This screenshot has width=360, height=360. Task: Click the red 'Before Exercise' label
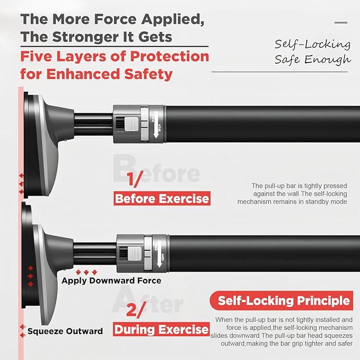[x=162, y=199]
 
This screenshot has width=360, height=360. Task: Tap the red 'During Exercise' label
[x=162, y=330]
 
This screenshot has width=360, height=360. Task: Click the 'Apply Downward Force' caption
[x=111, y=280]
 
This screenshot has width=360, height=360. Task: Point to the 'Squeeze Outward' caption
[x=65, y=331]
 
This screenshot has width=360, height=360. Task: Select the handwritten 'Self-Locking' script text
[x=312, y=44]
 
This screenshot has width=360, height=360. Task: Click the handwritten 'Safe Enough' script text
[x=312, y=59]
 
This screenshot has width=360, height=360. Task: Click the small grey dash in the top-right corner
[x=341, y=22]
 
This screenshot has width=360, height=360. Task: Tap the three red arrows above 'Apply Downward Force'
[x=87, y=271]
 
